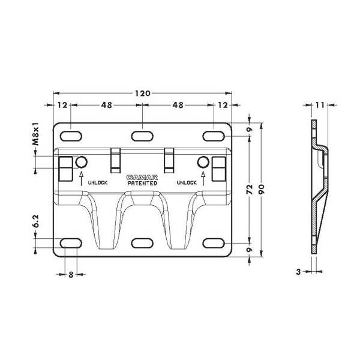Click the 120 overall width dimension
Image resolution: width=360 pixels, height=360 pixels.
tap(142, 94)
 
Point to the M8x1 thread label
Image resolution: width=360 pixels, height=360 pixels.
tap(36, 135)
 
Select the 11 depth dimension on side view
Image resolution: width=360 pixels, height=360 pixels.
tap(320, 105)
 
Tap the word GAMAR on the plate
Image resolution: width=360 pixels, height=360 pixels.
tap(142, 178)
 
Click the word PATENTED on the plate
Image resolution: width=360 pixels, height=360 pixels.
tap(142, 183)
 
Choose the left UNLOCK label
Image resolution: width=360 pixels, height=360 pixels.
tap(97, 182)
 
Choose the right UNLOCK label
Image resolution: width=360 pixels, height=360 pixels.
tap(187, 182)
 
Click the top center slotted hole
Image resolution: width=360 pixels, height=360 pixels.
tap(142, 134)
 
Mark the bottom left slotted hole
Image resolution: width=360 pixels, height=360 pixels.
tap(70, 243)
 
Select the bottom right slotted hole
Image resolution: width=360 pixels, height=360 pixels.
tap(214, 243)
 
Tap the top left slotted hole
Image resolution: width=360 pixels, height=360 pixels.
tap(70, 134)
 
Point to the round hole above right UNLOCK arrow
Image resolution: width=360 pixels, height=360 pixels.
tap(203, 161)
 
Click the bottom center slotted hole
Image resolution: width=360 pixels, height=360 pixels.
tap(142, 243)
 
